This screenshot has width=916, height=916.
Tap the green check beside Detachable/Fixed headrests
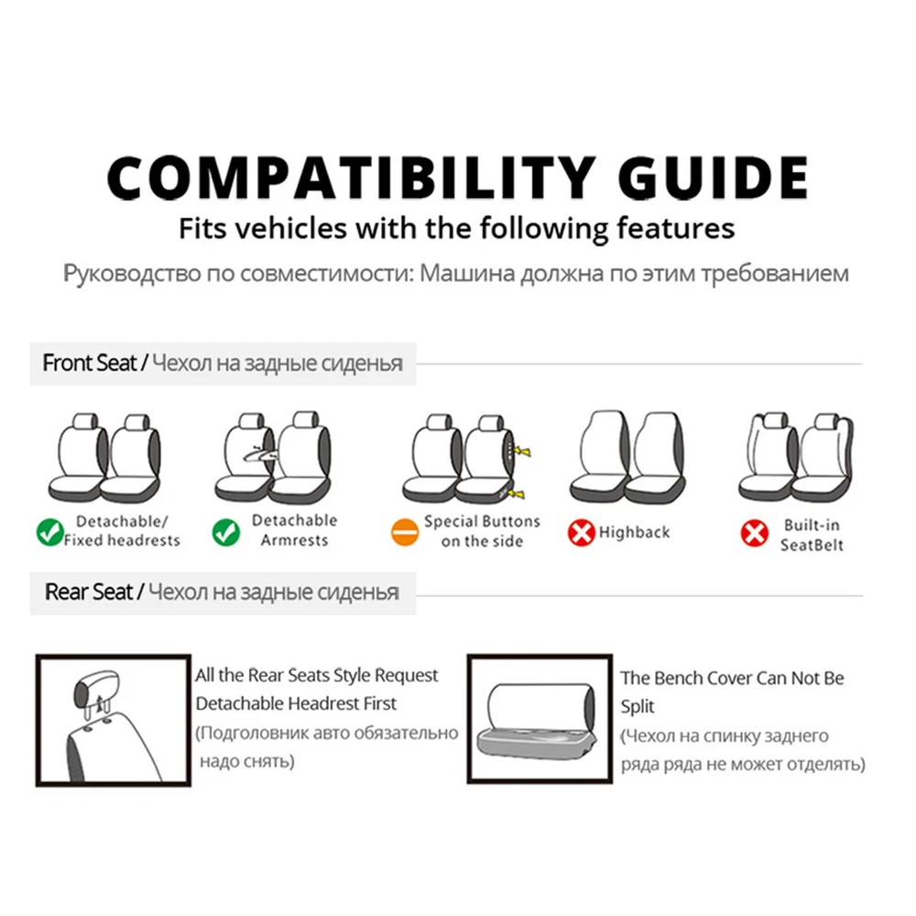point(50,531)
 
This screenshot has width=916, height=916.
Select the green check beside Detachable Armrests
point(226,531)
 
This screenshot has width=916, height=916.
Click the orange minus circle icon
point(405,531)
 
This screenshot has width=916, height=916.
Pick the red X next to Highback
point(582,532)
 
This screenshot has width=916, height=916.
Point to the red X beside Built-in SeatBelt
point(754,533)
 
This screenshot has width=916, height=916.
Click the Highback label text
point(635,532)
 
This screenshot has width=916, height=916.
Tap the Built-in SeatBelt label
point(812,535)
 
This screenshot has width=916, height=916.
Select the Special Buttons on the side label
point(482,531)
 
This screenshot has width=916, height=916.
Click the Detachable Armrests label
point(294,529)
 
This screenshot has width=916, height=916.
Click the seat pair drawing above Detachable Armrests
point(273,457)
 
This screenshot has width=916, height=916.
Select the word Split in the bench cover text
point(638,706)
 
